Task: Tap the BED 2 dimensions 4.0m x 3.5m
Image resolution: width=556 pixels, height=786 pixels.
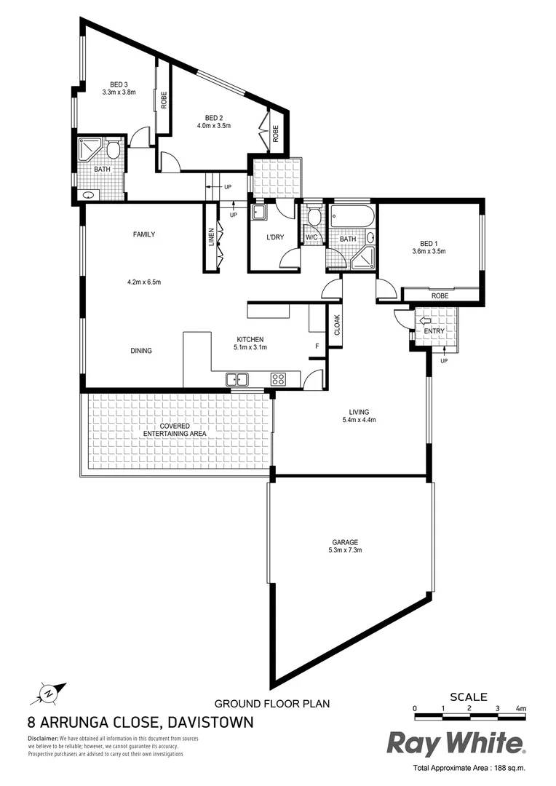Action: pyautogui.click(x=213, y=126)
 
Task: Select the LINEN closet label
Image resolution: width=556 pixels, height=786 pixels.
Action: pyautogui.click(x=212, y=238)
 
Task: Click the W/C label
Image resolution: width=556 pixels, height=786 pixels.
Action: pyautogui.click(x=311, y=238)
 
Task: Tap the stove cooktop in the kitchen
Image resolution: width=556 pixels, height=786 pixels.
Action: pyautogui.click(x=277, y=378)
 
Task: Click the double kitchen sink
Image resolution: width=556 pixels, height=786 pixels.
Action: pyautogui.click(x=237, y=378)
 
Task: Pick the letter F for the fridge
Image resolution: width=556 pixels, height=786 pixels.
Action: pyautogui.click(x=317, y=346)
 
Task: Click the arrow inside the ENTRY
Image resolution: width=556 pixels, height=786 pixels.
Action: pyautogui.click(x=425, y=320)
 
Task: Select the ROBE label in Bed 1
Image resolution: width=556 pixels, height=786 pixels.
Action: pyautogui.click(x=440, y=295)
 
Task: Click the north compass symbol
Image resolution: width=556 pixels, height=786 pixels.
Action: pyautogui.click(x=48, y=693)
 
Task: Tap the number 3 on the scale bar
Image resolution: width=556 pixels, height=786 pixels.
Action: pyautogui.click(x=497, y=707)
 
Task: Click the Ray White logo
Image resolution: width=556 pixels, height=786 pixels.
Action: pyautogui.click(x=455, y=744)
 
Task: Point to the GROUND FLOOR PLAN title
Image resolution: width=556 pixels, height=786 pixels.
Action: pyautogui.click(x=271, y=704)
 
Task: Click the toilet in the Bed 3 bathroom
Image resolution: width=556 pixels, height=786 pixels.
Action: pyautogui.click(x=112, y=151)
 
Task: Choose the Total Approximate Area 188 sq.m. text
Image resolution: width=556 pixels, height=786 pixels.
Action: pyautogui.click(x=469, y=768)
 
